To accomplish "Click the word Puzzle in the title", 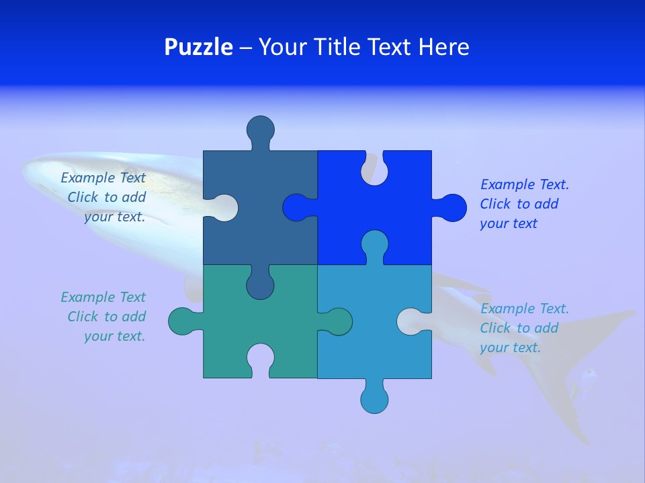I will (x=199, y=47).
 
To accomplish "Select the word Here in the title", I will (x=443, y=47).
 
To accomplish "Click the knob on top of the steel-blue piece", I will (x=260, y=129).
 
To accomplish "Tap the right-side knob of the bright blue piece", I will (x=451, y=207).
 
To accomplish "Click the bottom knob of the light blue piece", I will (x=374, y=398).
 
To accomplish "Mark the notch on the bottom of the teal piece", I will (x=260, y=358).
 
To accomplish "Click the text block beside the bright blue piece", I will (x=524, y=204).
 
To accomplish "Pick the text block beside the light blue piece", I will (x=524, y=328).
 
